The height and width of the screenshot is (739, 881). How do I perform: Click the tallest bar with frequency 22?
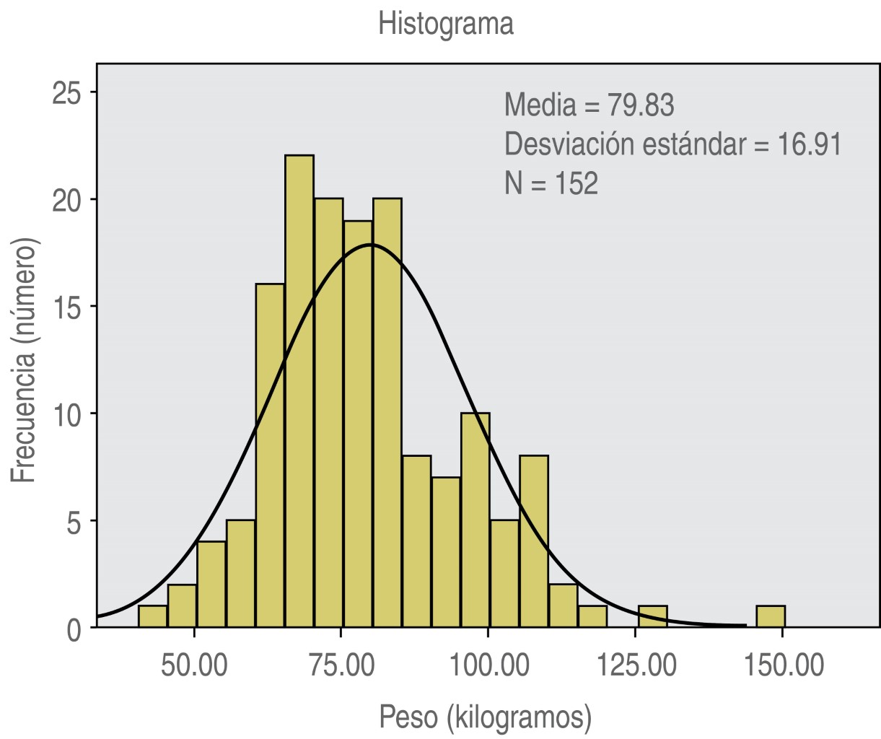pos(299,390)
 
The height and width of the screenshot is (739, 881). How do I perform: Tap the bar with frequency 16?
pos(270,455)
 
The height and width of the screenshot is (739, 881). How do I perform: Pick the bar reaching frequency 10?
pos(475,520)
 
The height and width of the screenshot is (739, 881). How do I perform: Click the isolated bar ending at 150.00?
pos(771,617)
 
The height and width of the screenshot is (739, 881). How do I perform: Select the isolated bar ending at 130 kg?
pos(652,617)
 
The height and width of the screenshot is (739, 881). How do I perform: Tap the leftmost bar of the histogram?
pos(152,617)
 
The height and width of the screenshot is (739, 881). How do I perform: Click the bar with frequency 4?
pos(211,585)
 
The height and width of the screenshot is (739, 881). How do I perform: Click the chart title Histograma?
pos(446,24)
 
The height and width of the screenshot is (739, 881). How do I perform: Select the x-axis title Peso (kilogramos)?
pos(485,717)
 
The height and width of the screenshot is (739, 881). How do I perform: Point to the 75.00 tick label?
pos(341,665)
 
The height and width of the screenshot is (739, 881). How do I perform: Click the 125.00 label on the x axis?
pos(636,665)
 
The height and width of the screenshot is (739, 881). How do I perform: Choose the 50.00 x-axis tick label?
pos(194,665)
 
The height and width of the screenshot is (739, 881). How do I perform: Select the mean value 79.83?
pos(640,105)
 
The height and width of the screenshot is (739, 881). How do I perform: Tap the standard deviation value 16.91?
pos(809,144)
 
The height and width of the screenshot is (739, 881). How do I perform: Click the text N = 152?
pos(551,183)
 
